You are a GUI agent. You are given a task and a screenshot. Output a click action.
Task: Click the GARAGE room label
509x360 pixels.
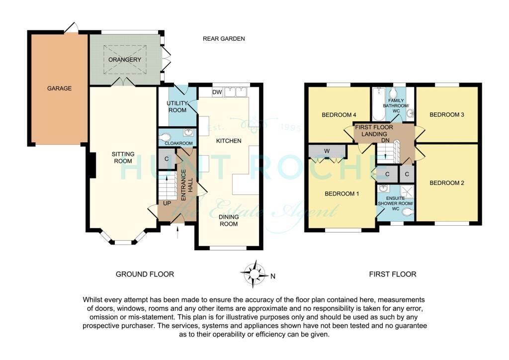click(x=59, y=89)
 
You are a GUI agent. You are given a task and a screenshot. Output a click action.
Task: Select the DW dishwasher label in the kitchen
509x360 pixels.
click(x=216, y=92)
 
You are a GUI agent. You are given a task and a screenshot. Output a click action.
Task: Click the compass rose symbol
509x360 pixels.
click(x=254, y=274)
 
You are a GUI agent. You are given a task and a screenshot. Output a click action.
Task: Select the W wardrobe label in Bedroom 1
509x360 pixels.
click(x=326, y=150)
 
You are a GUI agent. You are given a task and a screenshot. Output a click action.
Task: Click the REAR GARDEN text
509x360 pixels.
click(x=224, y=38)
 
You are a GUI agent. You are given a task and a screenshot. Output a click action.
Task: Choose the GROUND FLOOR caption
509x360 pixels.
click(x=145, y=274)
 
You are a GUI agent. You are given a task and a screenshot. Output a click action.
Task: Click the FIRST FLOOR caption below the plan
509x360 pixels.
click(x=392, y=274)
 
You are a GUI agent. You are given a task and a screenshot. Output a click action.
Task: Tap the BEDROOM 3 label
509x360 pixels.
click(x=446, y=115)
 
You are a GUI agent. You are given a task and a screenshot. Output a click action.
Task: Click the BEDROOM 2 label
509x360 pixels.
click(x=446, y=183)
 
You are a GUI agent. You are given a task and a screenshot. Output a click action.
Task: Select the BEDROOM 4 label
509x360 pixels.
click(x=339, y=115)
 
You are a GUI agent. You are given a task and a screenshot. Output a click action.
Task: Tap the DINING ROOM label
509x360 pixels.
click(x=229, y=220)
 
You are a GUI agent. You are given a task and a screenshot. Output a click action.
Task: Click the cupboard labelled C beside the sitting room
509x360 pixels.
click(x=167, y=159)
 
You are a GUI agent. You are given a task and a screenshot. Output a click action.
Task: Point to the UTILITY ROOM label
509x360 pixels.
click(x=176, y=106)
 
